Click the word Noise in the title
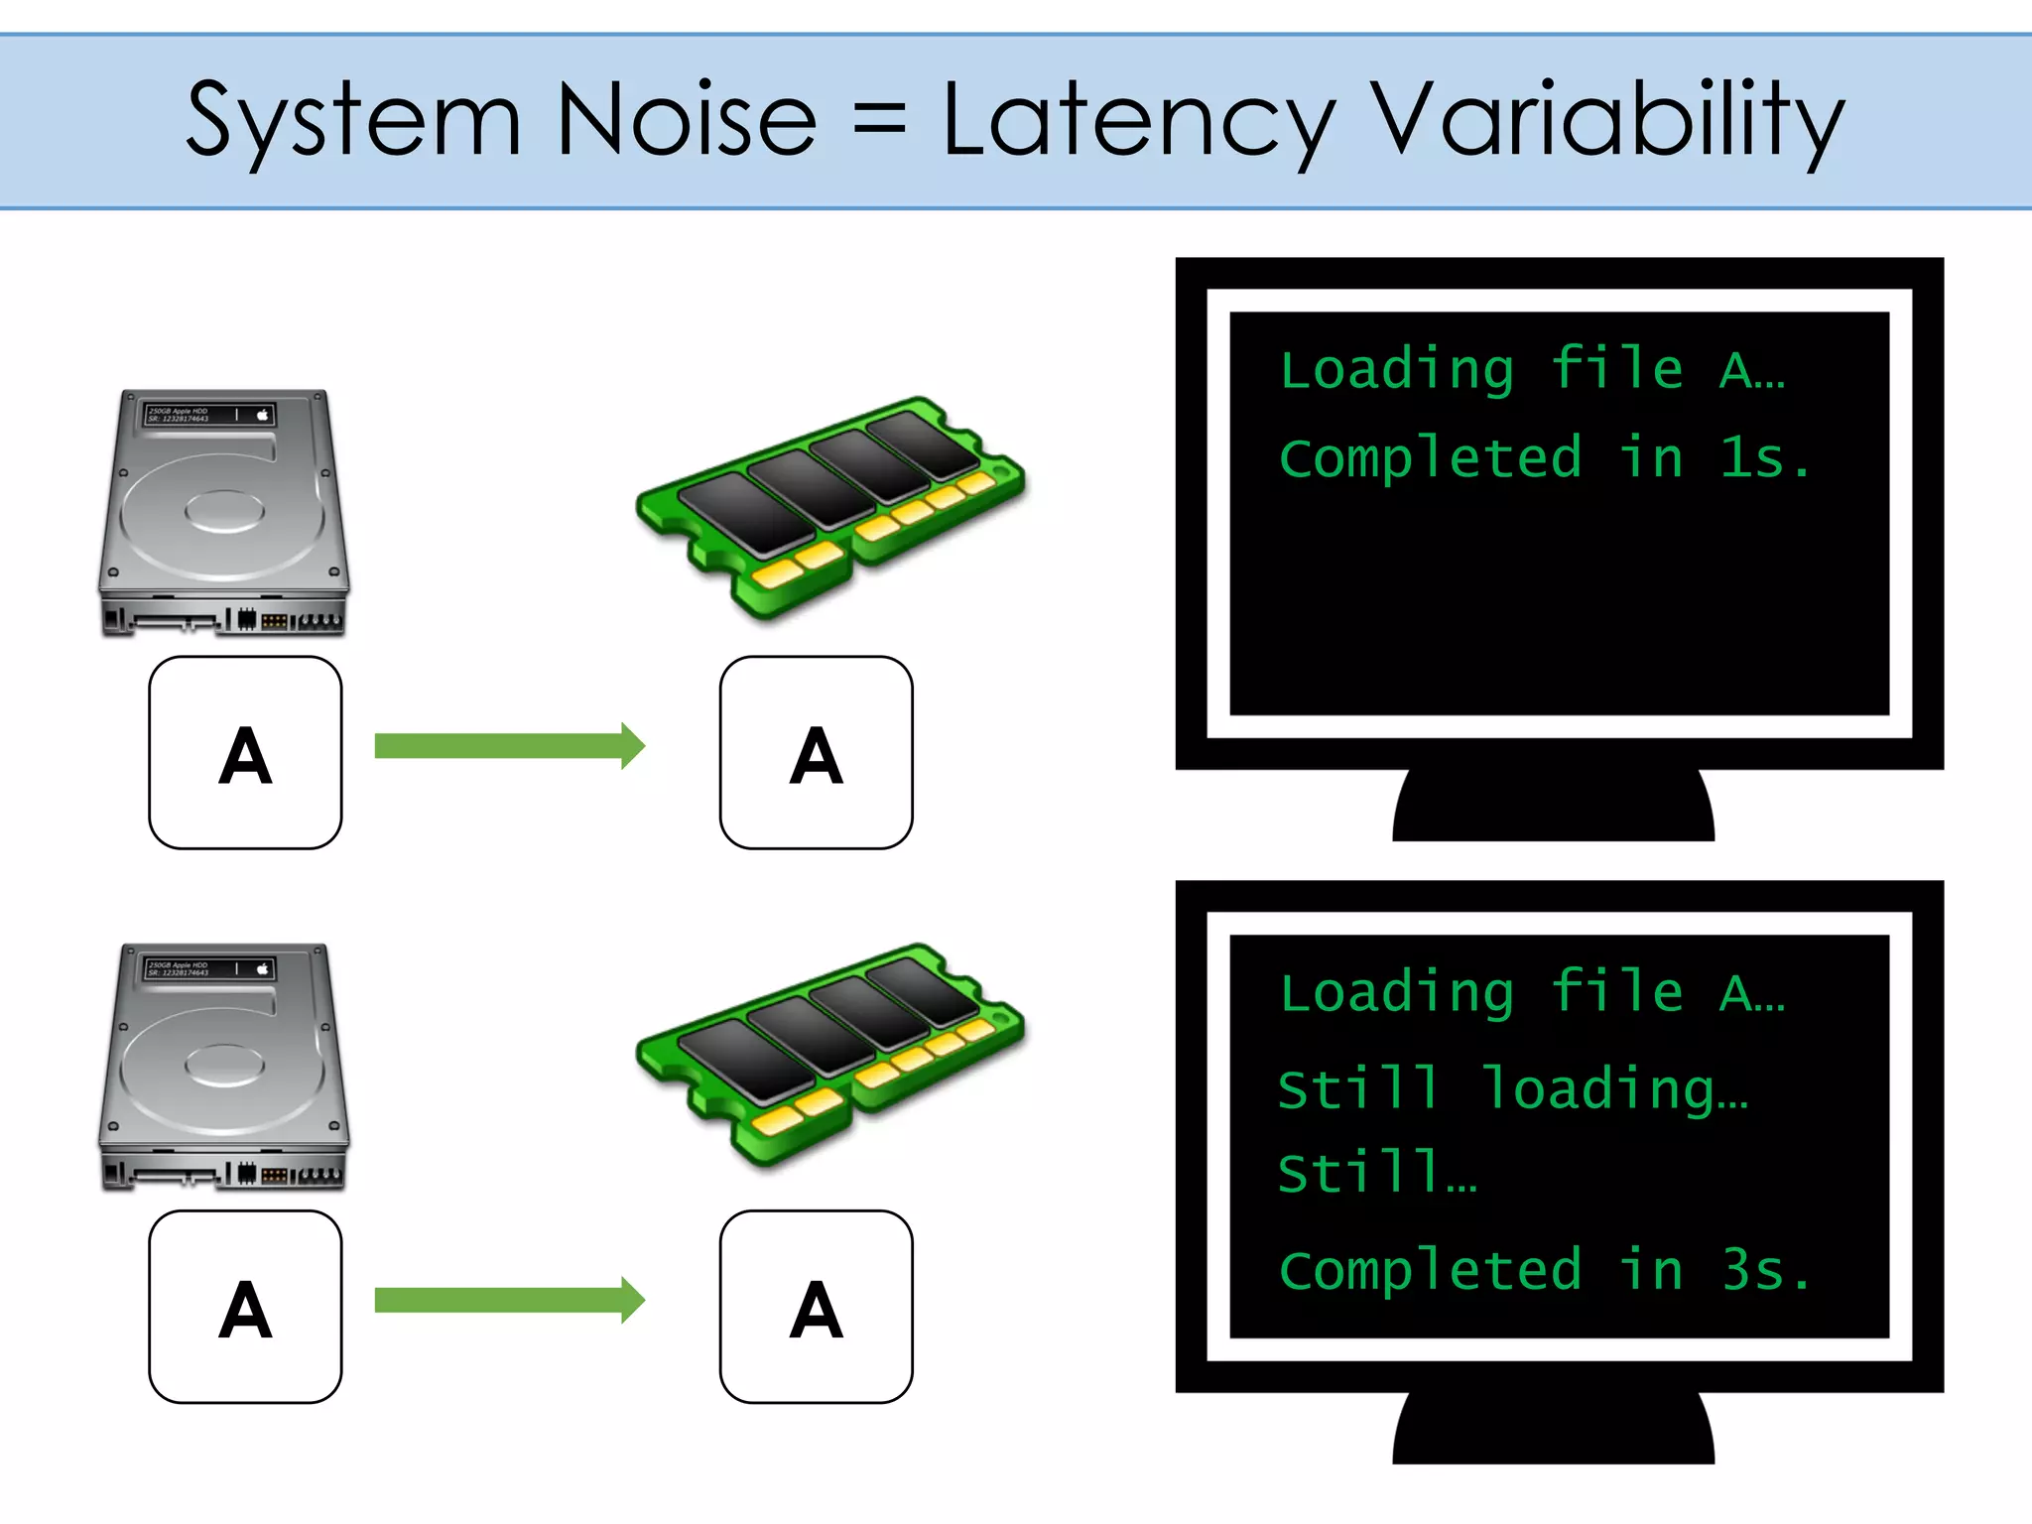click(x=687, y=121)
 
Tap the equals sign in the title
click(x=879, y=121)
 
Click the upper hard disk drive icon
click(x=224, y=512)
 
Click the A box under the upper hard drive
click(x=245, y=753)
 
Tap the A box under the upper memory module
click(x=816, y=753)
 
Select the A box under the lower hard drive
click(x=245, y=1307)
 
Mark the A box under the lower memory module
click(x=816, y=1307)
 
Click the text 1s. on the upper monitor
click(x=1765, y=458)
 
